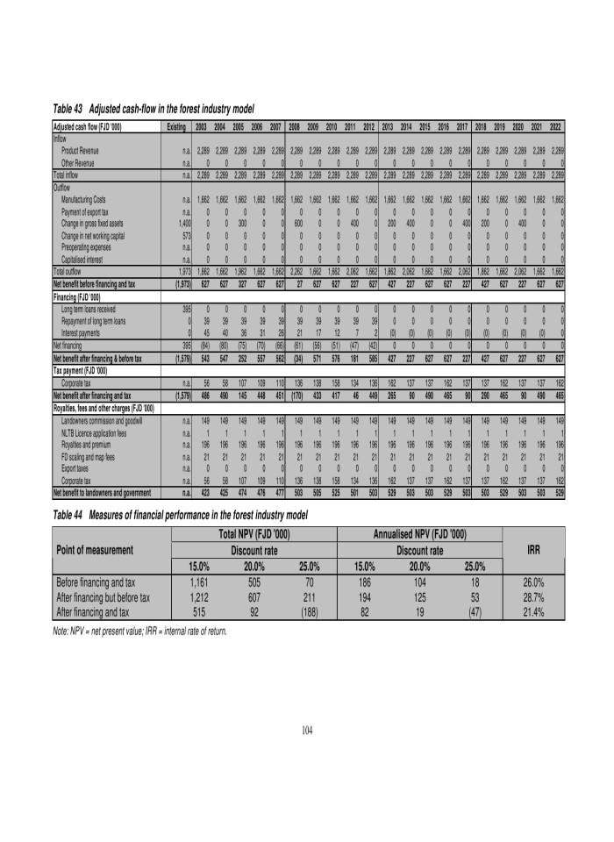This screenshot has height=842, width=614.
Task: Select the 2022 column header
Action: coord(557,127)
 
